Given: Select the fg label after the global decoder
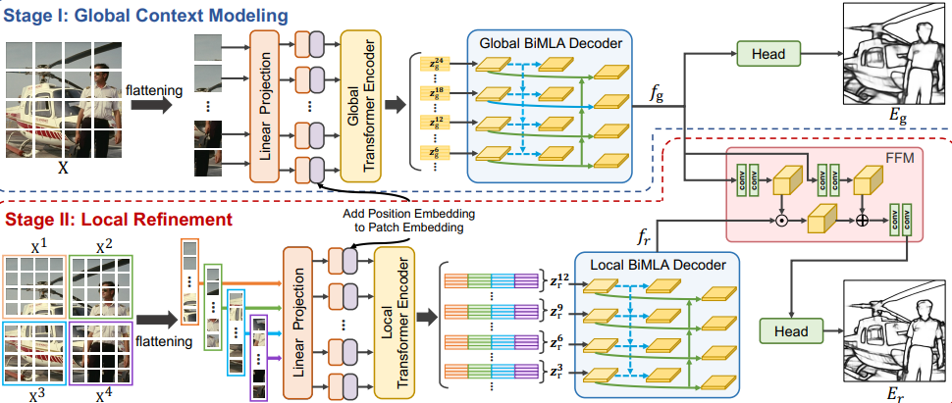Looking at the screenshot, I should [x=657, y=94].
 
